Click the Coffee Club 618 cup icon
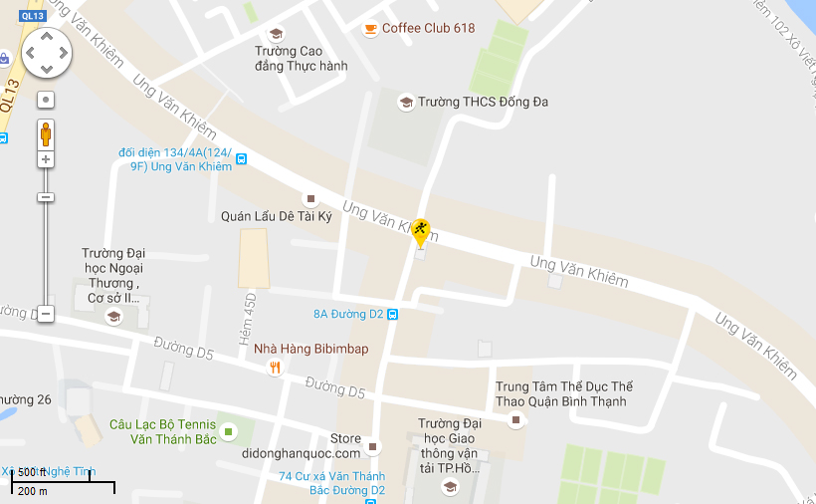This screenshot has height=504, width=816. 370,28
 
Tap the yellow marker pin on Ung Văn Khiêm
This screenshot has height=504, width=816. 421,233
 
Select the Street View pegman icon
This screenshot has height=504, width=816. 46,132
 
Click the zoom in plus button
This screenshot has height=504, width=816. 46,159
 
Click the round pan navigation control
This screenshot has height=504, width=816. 46,52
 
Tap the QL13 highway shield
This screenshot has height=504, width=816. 32,16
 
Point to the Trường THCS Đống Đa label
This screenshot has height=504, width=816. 483,102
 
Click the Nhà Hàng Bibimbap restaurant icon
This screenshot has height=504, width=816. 275,368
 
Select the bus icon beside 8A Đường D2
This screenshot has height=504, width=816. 393,314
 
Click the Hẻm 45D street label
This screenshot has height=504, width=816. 250,319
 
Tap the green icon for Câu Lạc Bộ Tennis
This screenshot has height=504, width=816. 229,431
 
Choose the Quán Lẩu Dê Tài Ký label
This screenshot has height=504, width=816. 276,216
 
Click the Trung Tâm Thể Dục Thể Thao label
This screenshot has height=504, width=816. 564,393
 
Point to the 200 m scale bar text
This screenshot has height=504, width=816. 33,491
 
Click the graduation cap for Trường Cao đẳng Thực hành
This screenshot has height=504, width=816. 276,34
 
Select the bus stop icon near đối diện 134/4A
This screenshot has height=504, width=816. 242,159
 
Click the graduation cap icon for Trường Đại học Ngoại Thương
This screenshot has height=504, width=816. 113,317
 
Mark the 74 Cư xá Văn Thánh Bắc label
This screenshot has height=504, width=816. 331,483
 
